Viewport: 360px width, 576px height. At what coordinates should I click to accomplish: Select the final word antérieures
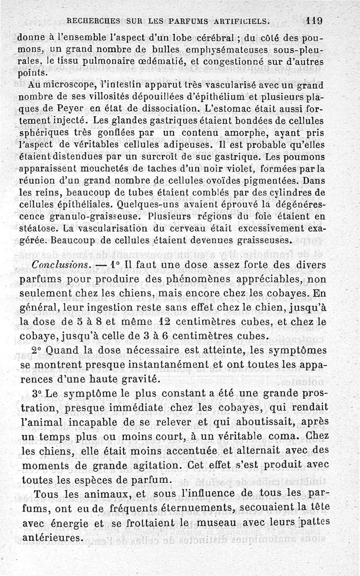(x=53, y=538)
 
